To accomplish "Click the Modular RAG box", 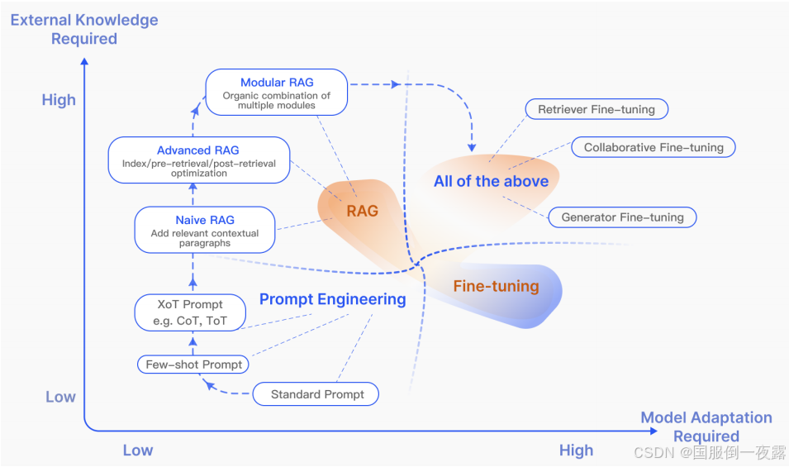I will (x=277, y=92).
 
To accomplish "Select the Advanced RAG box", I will (x=198, y=160).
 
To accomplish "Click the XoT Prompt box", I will (x=190, y=312).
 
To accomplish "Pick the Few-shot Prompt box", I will (x=194, y=365).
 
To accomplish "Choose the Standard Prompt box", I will (x=317, y=394).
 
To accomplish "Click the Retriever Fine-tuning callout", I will (x=597, y=109).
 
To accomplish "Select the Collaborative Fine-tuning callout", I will (x=654, y=147).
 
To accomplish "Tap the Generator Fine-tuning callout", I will (x=622, y=217).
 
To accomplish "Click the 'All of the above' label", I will (x=491, y=181).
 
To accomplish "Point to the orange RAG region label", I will (x=362, y=211).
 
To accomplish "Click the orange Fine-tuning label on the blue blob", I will (x=496, y=287).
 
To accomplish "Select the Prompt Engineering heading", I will (x=332, y=299).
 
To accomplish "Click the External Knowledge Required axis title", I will (x=84, y=29).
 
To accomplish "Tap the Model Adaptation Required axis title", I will (x=706, y=426).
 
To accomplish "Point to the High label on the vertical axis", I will (x=59, y=100).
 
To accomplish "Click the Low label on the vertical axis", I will (x=60, y=397).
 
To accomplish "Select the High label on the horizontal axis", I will (x=576, y=450).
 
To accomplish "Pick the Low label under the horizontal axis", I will (x=138, y=450).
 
